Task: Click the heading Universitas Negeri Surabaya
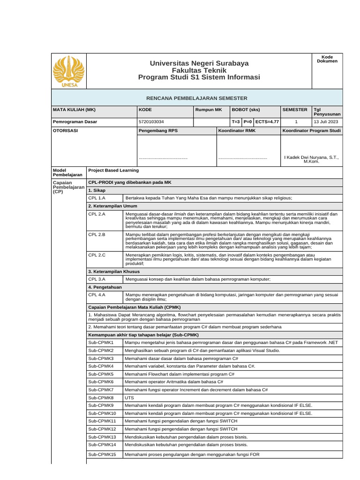(199, 63)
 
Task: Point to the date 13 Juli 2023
(327, 121)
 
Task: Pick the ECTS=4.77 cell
(267, 121)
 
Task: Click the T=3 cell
(236, 121)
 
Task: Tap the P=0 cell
(248, 121)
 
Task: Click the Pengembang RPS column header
(158, 130)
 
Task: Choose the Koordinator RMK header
(237, 130)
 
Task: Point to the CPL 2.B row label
(97, 234)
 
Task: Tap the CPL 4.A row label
(97, 295)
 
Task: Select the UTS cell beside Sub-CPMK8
(129, 397)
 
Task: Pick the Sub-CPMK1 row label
(101, 343)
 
